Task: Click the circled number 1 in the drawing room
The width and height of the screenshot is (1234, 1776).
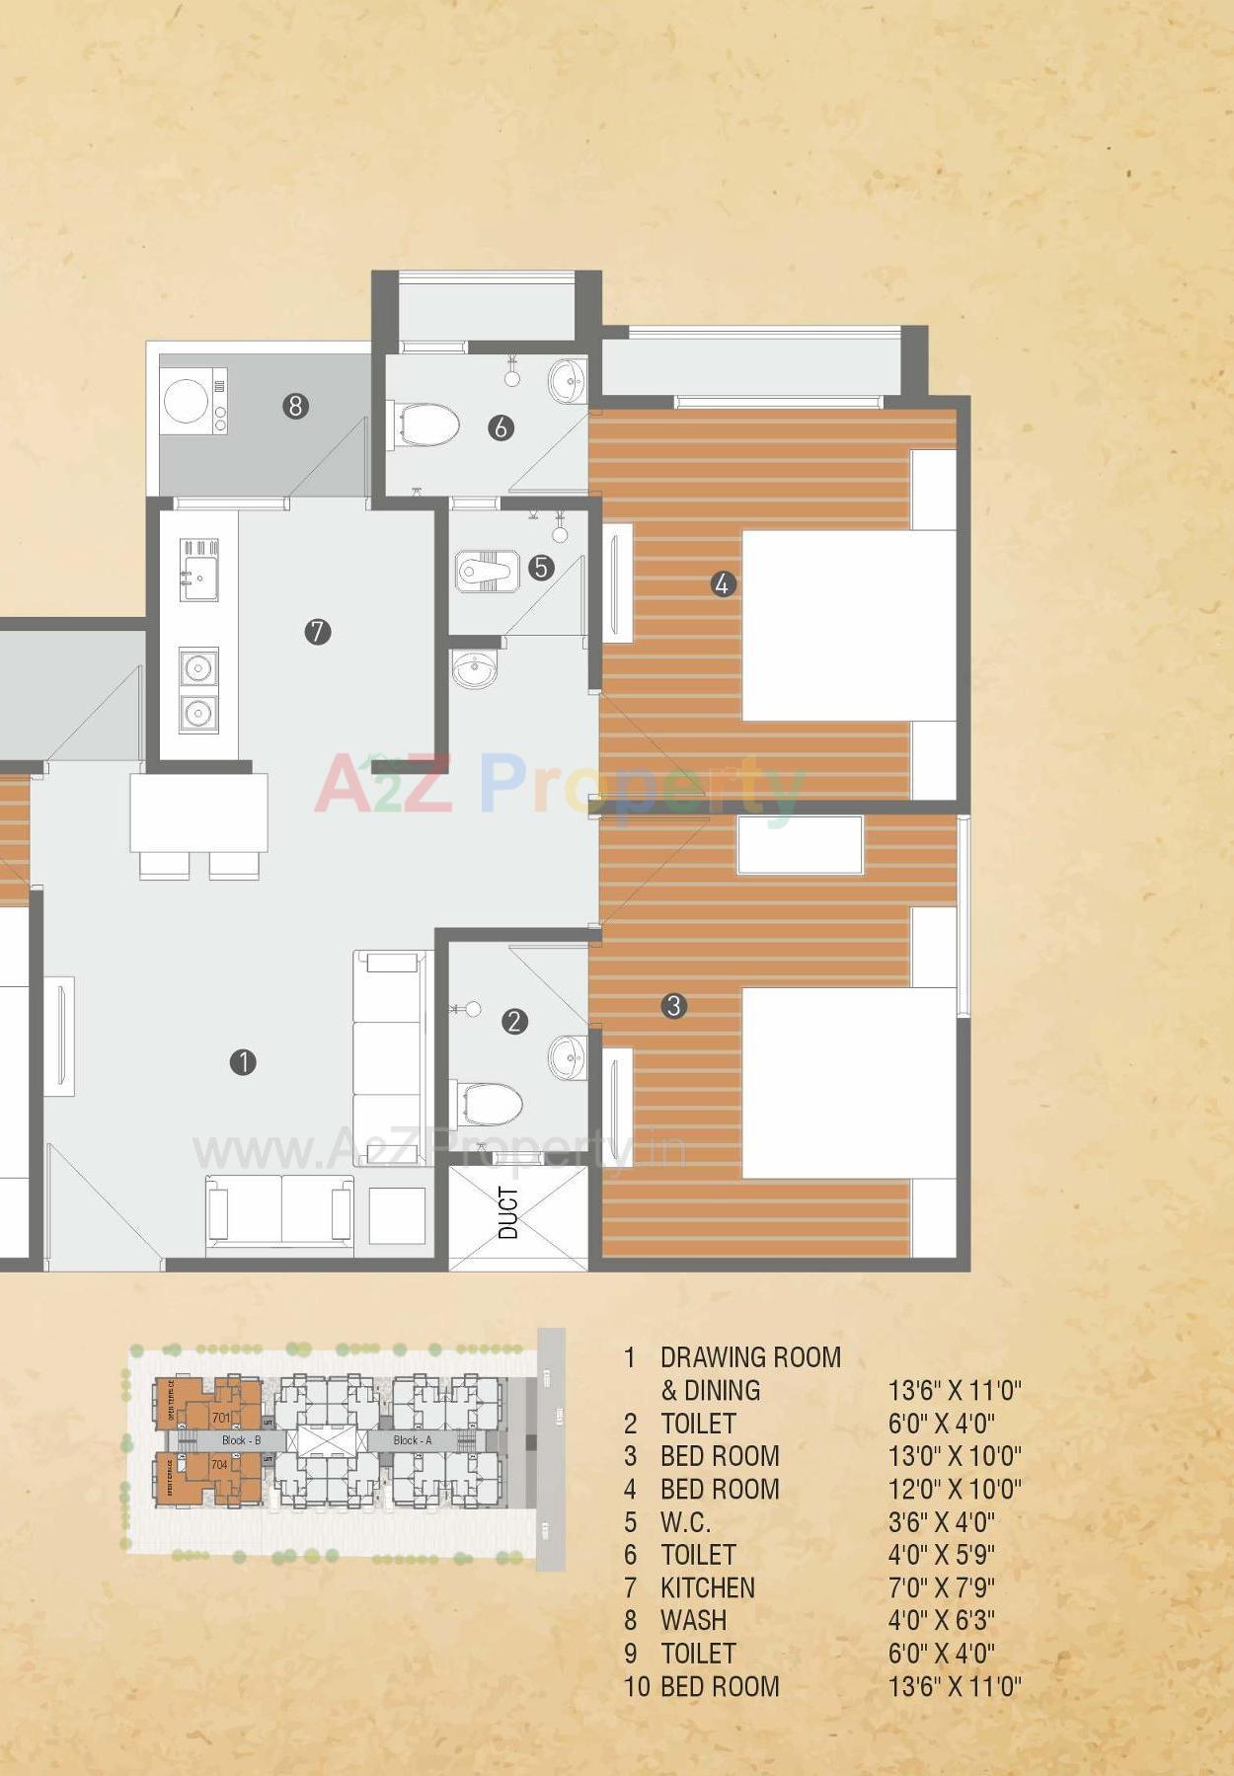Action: pyautogui.click(x=243, y=1062)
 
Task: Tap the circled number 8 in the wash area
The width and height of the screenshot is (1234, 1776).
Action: pyautogui.click(x=295, y=406)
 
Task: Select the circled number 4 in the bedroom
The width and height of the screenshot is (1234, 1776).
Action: pyautogui.click(x=723, y=584)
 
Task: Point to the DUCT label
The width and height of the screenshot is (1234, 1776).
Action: pyautogui.click(x=508, y=1212)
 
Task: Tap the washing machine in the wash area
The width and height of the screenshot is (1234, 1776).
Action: pyautogui.click(x=186, y=402)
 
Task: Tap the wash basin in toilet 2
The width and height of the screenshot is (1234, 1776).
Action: pyautogui.click(x=568, y=1057)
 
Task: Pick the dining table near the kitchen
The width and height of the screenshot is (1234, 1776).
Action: pyautogui.click(x=198, y=813)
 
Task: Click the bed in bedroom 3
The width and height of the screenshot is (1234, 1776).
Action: pyautogui.click(x=849, y=1083)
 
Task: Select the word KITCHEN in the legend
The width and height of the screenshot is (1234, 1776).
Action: pyautogui.click(x=707, y=1587)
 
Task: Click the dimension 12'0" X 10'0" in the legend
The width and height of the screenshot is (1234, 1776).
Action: pyautogui.click(x=954, y=1489)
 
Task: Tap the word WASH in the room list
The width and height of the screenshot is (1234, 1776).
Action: pyautogui.click(x=693, y=1620)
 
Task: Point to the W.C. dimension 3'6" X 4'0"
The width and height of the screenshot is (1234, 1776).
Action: pyautogui.click(x=941, y=1521)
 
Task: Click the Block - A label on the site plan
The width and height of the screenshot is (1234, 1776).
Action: pyautogui.click(x=412, y=1440)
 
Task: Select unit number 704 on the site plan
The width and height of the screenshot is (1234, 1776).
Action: pyautogui.click(x=219, y=1464)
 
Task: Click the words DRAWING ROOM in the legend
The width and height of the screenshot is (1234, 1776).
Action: pyautogui.click(x=750, y=1357)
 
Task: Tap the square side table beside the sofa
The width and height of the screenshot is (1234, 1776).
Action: pyautogui.click(x=397, y=1215)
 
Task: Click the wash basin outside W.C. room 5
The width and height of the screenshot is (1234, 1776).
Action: pyautogui.click(x=475, y=669)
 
